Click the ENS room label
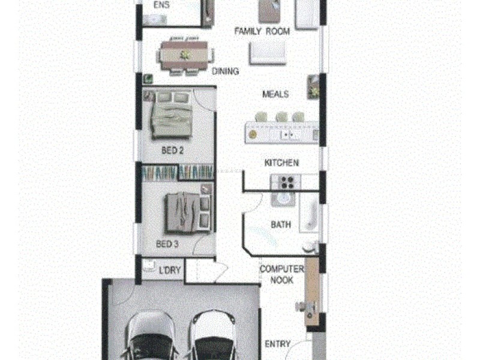click(161, 5)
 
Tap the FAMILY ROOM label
click(262, 31)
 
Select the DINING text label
click(225, 71)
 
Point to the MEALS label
click(275, 94)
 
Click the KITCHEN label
click(281, 163)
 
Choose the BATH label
click(281, 225)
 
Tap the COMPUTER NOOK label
click(281, 275)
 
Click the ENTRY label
click(278, 344)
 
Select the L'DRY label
click(170, 270)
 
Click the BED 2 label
click(172, 151)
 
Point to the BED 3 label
click(167, 244)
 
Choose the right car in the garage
click(213, 336)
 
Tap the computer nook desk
click(311, 294)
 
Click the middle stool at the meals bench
click(281, 116)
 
